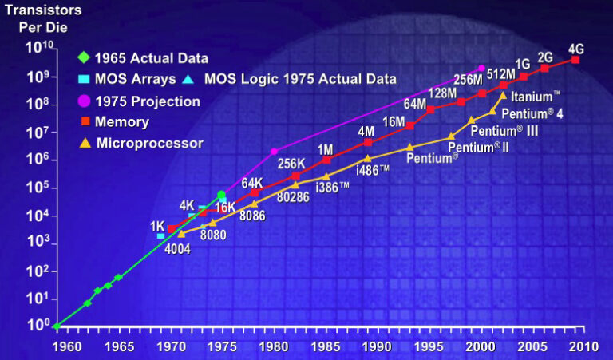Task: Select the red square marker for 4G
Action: (x=575, y=60)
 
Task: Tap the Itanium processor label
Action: (x=534, y=97)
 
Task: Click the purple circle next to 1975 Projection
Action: (x=84, y=101)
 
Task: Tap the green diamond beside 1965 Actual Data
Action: (x=84, y=57)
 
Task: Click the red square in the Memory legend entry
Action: (x=84, y=122)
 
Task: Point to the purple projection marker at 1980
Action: (x=275, y=151)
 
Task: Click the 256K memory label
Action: (x=292, y=164)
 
